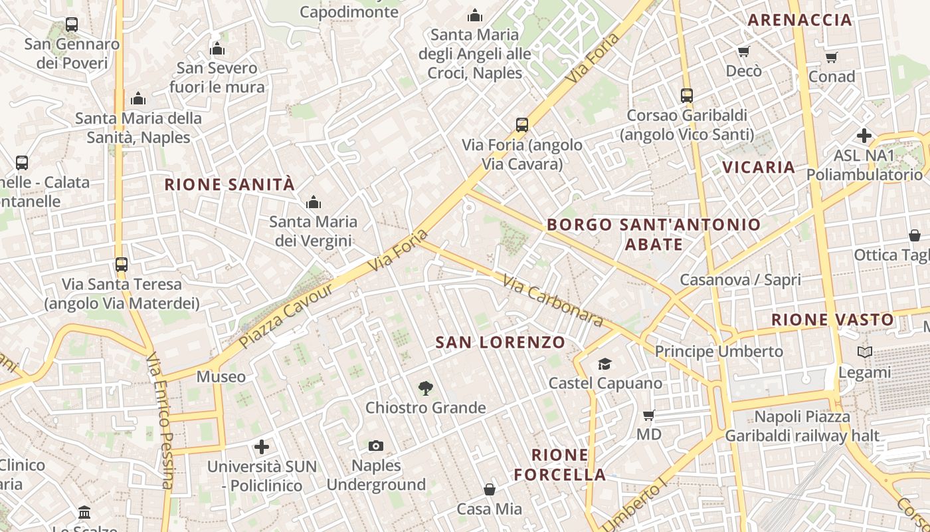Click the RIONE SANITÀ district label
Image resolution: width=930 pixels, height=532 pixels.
click(229, 184)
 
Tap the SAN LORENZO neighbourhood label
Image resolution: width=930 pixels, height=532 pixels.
click(500, 342)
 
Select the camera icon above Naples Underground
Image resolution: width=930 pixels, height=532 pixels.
click(376, 446)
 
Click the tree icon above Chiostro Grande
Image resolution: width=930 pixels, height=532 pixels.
click(425, 388)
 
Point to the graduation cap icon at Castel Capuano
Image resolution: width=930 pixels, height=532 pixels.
click(604, 364)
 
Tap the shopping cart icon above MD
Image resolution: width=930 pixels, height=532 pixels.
click(648, 415)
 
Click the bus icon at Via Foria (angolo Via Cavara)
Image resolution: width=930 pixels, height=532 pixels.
click(522, 124)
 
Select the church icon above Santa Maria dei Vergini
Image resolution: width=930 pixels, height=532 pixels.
click(313, 202)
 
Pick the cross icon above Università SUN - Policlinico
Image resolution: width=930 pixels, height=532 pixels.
click(262, 447)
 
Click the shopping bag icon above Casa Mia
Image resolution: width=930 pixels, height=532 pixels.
click(490, 489)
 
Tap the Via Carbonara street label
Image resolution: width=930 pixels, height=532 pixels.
click(552, 301)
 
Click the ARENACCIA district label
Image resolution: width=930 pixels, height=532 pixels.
click(800, 20)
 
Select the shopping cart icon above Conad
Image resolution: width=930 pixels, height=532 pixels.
click(832, 57)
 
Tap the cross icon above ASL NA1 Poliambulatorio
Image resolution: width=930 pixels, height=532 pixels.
click(864, 136)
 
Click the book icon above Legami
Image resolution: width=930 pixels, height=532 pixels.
click(864, 352)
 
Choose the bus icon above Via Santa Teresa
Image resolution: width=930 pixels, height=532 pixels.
click(121, 264)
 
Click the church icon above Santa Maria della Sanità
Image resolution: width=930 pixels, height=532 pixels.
click(138, 99)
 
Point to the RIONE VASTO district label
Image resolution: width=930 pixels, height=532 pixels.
click(832, 320)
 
